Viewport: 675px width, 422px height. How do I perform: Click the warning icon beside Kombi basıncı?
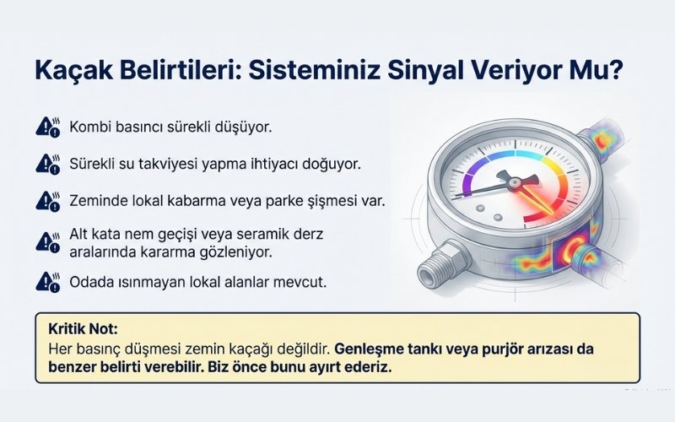[47, 127]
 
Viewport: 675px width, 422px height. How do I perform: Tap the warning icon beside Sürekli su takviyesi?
[47, 162]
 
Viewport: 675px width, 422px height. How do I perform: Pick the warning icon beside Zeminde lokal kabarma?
[47, 201]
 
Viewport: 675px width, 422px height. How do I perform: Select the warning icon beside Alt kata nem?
[47, 241]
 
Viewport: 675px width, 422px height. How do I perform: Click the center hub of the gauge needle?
[507, 180]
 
